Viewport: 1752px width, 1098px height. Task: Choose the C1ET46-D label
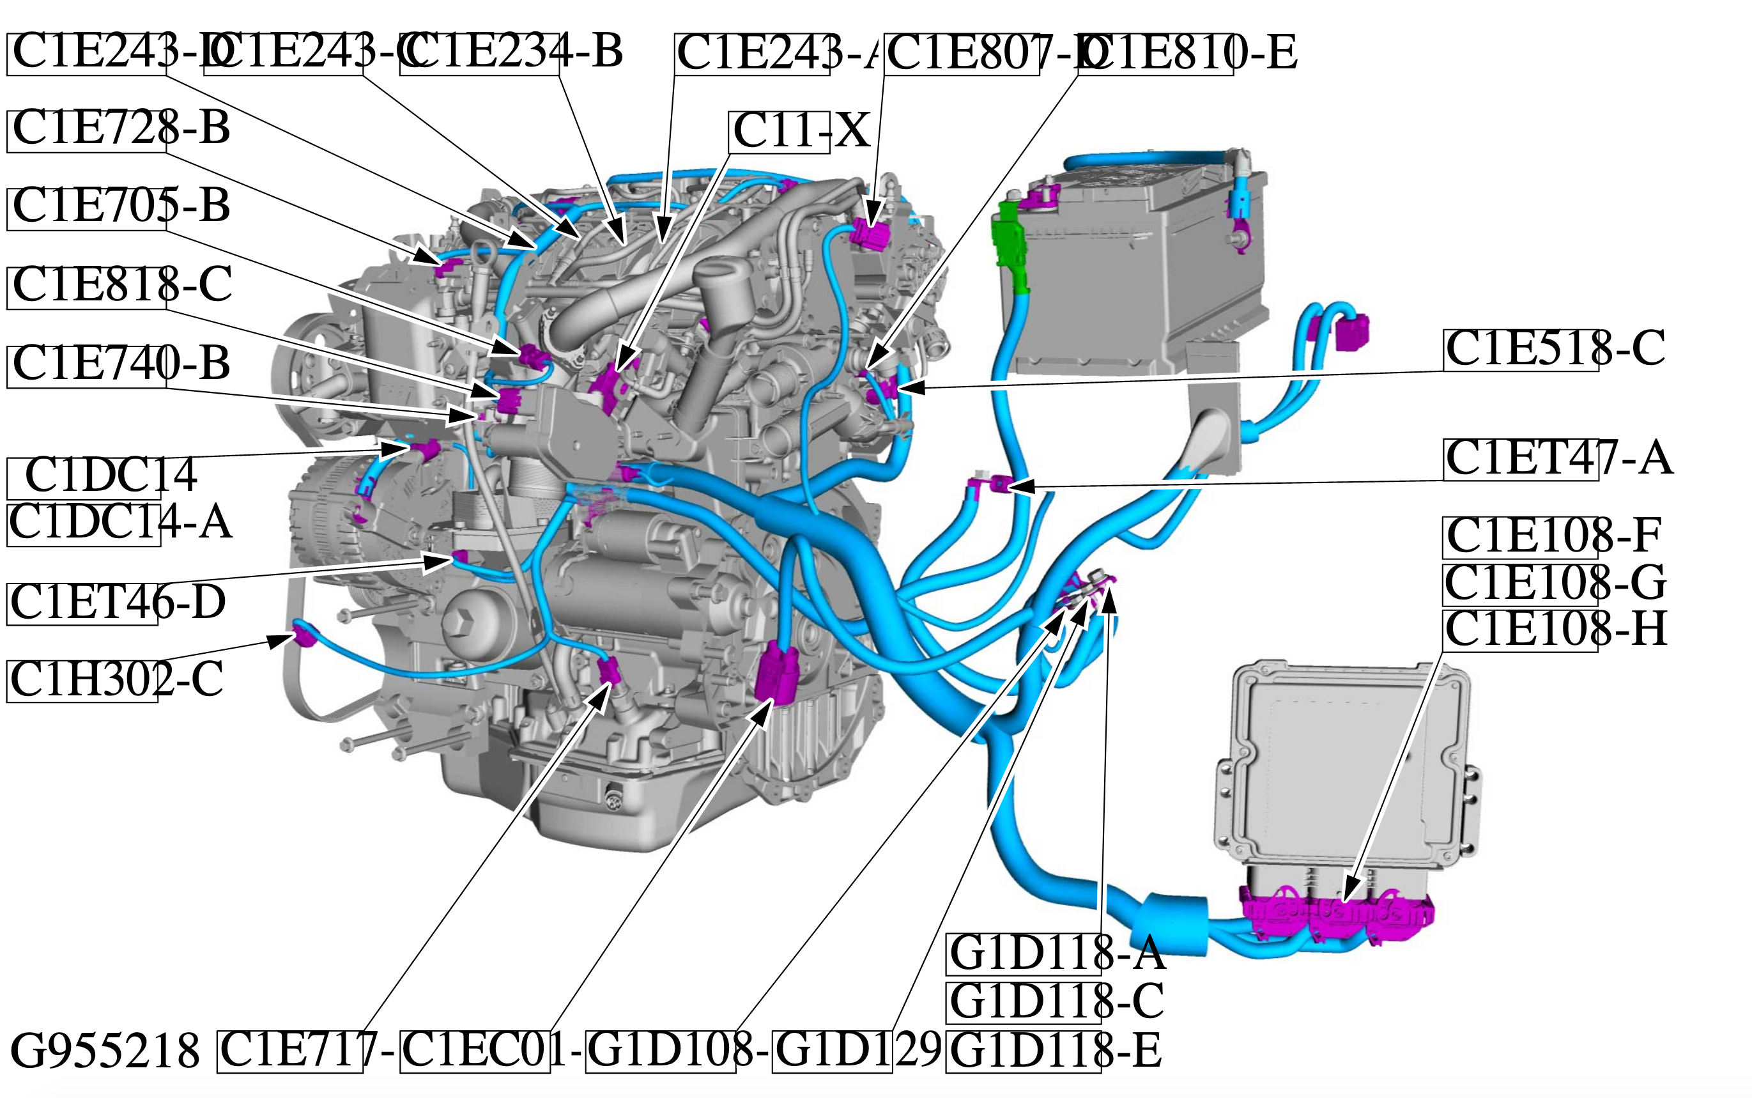point(117,602)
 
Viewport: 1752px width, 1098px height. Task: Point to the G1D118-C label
point(1057,1001)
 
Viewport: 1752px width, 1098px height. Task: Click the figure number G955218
point(105,1051)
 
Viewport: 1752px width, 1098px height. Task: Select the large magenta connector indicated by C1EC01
point(776,672)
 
